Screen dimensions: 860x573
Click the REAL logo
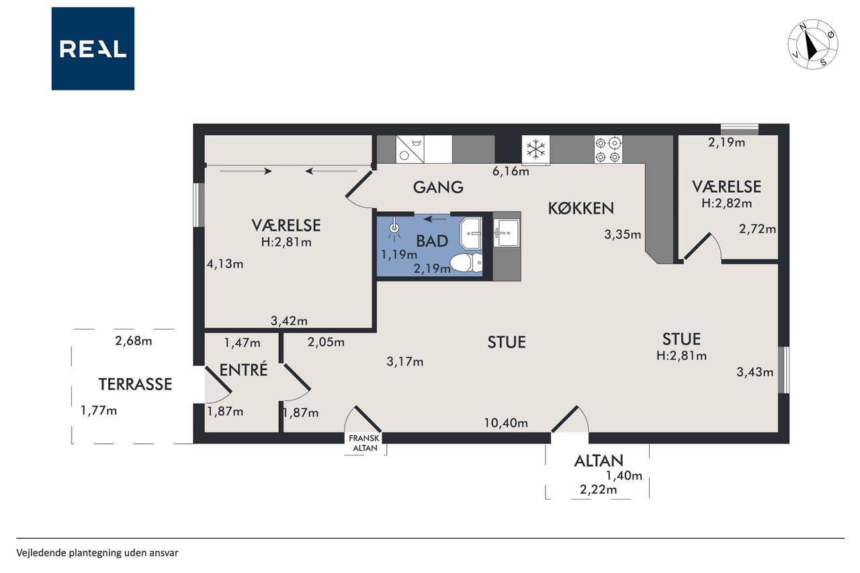coord(93,49)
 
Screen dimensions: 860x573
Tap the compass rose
coord(813,44)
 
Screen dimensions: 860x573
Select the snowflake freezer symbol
coord(535,149)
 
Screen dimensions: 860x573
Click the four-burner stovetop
coord(608,149)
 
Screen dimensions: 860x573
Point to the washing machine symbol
coord(410,149)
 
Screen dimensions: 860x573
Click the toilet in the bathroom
coord(466,263)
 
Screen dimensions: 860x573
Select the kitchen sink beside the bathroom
coord(507,233)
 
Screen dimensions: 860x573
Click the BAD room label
coord(432,241)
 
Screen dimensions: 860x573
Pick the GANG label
coord(438,187)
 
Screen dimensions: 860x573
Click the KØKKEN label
coord(581,208)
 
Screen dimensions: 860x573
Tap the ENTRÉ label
coord(243,369)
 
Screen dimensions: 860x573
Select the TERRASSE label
coord(135,384)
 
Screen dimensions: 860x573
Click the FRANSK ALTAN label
coord(365,443)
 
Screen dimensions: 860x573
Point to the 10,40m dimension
coord(506,423)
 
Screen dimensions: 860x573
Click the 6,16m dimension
coord(511,171)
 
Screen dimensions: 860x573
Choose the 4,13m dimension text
coord(225,264)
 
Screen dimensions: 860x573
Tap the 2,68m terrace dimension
coord(134,341)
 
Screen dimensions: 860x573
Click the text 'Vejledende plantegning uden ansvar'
coord(97,553)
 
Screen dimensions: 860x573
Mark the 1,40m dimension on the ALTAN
coord(624,476)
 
